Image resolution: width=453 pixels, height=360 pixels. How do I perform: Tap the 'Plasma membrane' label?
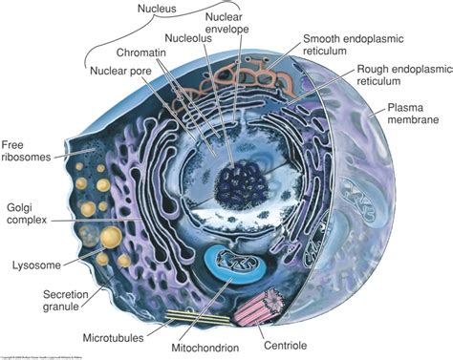click(x=412, y=116)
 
